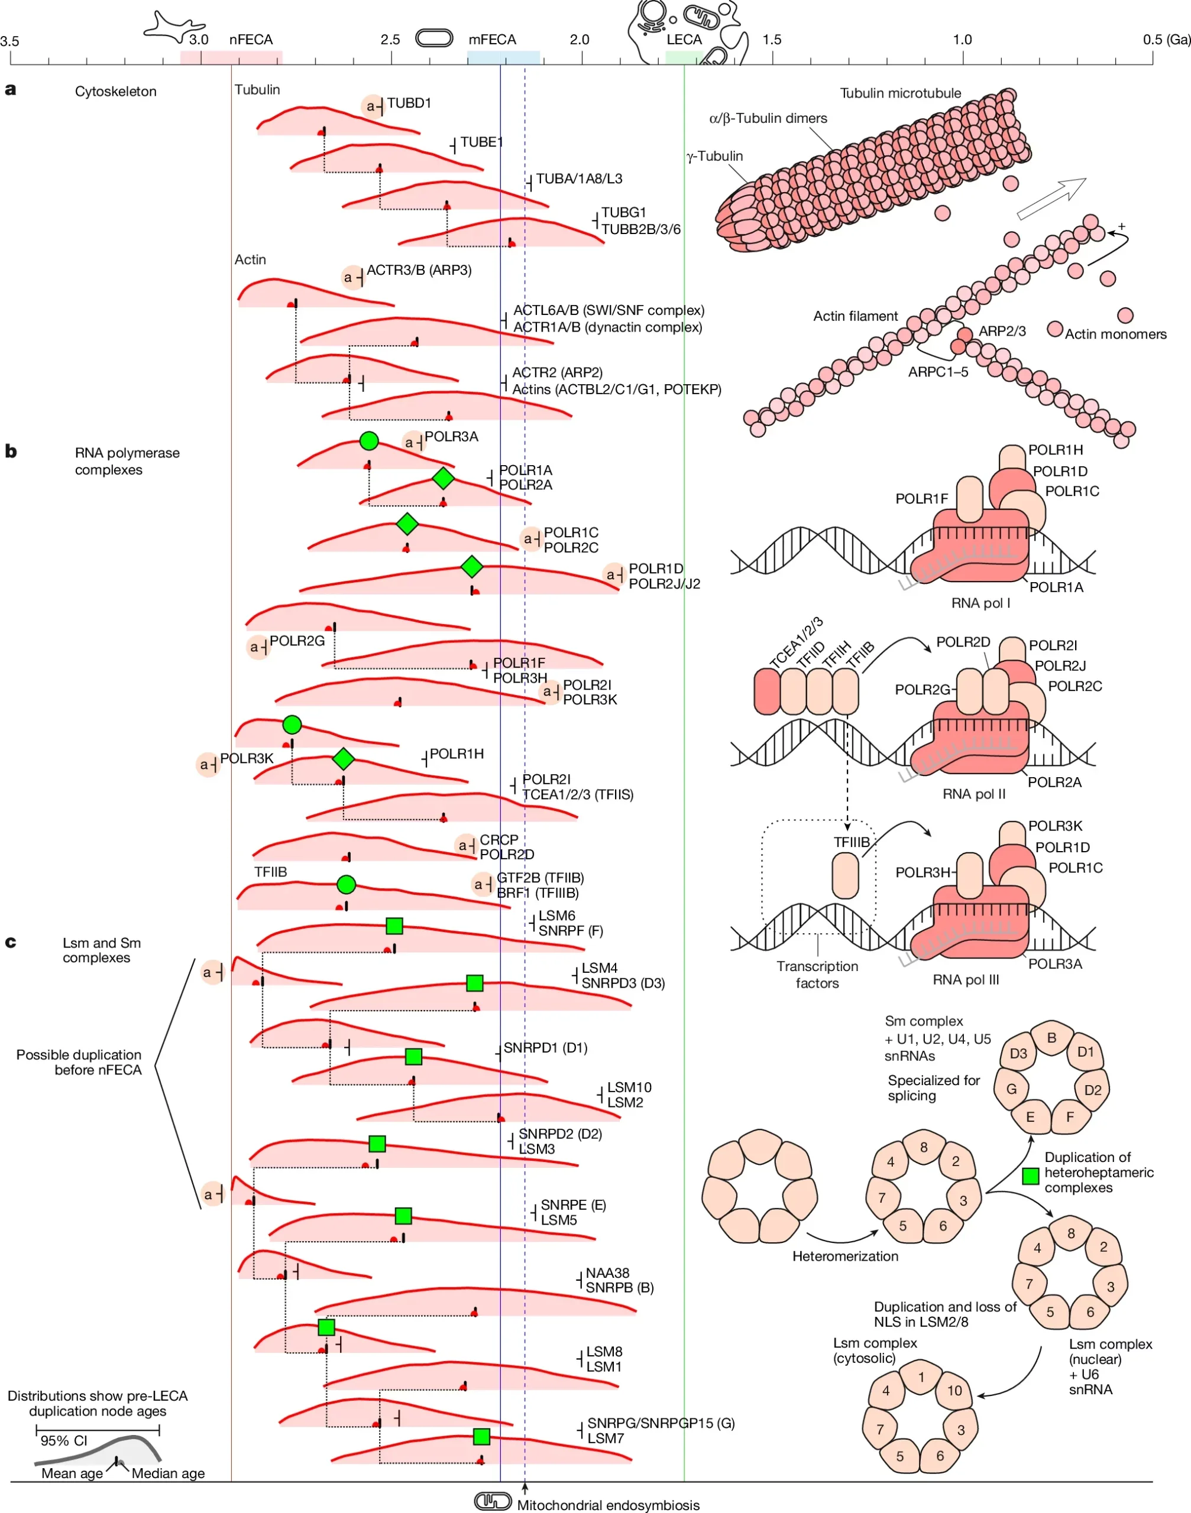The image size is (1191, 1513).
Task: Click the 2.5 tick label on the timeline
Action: [390, 40]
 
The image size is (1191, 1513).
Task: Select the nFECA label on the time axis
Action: [250, 40]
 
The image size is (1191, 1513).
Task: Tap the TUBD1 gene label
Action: [409, 103]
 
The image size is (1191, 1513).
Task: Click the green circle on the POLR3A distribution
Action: [369, 440]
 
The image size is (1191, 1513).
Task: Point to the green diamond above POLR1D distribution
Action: [472, 567]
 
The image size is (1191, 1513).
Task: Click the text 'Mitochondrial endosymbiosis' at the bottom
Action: [607, 1505]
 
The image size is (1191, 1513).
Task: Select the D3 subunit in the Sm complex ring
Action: [1018, 1053]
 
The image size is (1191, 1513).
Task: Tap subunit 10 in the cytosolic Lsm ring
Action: [954, 1390]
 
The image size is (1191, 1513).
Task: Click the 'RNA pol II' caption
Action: [973, 794]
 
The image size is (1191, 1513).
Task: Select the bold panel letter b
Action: [11, 451]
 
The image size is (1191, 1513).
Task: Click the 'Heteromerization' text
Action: [845, 1256]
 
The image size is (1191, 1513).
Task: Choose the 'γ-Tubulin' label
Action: [715, 156]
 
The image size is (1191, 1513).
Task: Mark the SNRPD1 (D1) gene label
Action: [545, 1047]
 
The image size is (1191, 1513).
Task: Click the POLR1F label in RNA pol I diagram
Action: [921, 498]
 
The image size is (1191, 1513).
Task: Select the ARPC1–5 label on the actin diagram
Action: [938, 372]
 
